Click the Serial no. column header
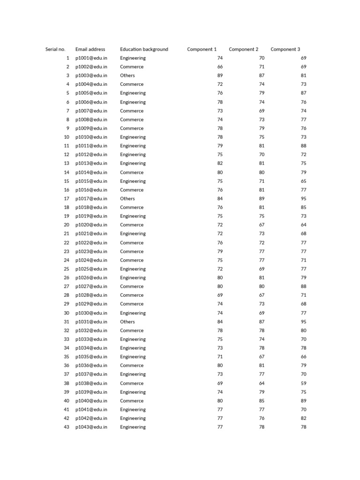click(55, 49)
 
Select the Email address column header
click(90, 49)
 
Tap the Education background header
click(144, 49)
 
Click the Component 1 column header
click(202, 49)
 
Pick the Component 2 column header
click(243, 49)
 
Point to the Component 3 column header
click(285, 49)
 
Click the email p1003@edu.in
click(91, 75)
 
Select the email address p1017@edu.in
click(91, 199)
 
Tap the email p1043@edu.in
click(91, 427)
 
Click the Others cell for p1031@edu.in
click(127, 322)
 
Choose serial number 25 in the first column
click(66, 269)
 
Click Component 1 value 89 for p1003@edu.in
click(220, 75)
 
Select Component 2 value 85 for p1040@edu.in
click(262, 401)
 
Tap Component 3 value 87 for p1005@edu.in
click(303, 93)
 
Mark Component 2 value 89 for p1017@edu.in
click(262, 199)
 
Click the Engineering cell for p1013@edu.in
click(133, 163)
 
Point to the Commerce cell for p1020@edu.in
click(132, 225)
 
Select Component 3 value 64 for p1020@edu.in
click(303, 225)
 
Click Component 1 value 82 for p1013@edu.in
click(220, 163)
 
